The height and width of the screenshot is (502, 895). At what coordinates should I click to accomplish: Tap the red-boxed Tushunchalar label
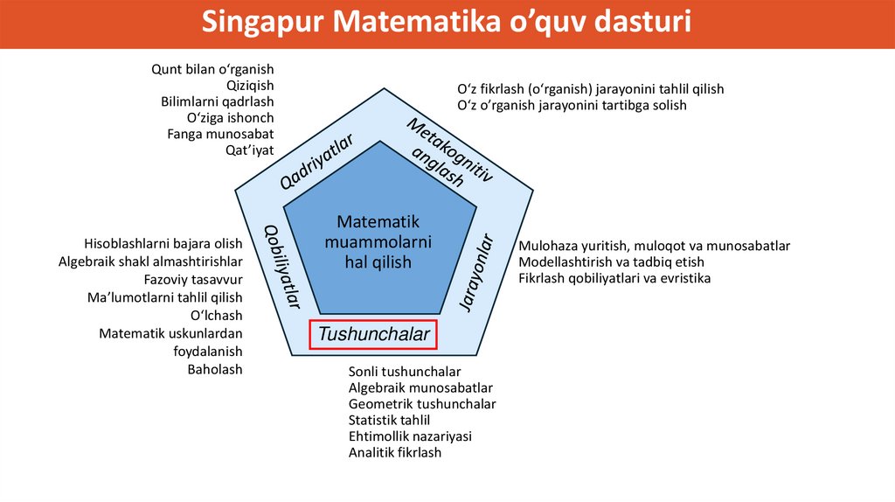(x=374, y=334)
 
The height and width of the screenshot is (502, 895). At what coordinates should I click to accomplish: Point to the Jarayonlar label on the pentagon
(x=476, y=272)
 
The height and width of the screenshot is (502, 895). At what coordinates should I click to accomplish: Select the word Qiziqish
(x=250, y=85)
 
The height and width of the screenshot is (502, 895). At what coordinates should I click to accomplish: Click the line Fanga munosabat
(x=220, y=134)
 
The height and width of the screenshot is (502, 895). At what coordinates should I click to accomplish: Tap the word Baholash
(x=215, y=369)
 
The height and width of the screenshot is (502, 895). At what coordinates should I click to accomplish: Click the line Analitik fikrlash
(x=395, y=453)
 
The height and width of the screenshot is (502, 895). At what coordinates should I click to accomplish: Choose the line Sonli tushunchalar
(x=405, y=372)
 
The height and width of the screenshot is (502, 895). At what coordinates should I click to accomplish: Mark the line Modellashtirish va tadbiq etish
(x=611, y=261)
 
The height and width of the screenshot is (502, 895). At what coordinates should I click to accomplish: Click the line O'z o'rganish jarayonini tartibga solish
(x=572, y=105)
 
